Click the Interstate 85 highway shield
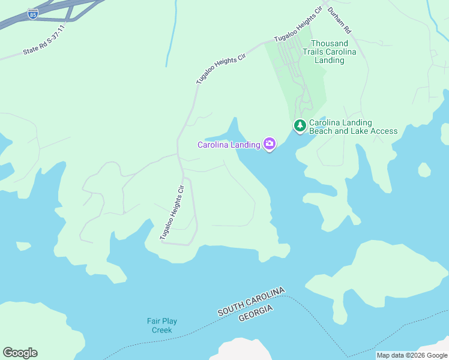[x=33, y=14]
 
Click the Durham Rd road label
[x=339, y=20]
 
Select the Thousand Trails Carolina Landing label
[x=330, y=52]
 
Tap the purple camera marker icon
[x=270, y=144]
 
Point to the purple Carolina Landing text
[x=229, y=145]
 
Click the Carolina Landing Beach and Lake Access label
[x=353, y=127]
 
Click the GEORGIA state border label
[x=256, y=313]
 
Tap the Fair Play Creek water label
[x=162, y=325]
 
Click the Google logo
[x=20, y=353]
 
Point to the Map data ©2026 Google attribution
[x=412, y=355]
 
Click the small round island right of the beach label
[x=424, y=170]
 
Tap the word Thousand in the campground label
[x=330, y=43]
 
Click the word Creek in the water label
[x=162, y=330]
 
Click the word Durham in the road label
[x=337, y=16]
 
